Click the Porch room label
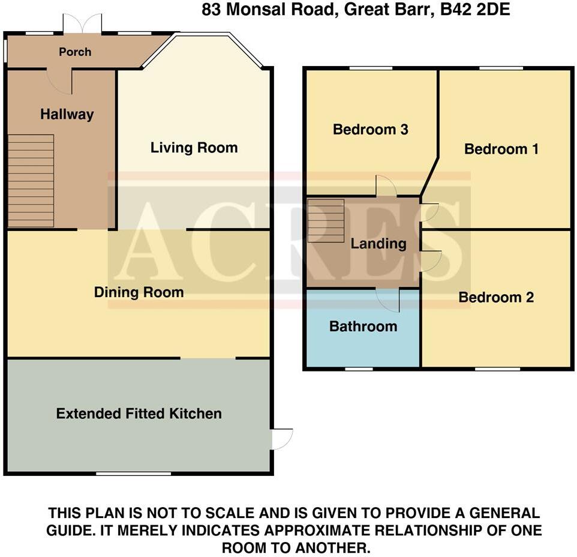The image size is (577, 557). [x=75, y=52]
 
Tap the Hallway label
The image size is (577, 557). [x=67, y=114]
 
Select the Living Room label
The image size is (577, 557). [x=194, y=148]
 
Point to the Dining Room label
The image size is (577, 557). [x=139, y=292]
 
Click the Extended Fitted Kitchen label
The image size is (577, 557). [x=139, y=414]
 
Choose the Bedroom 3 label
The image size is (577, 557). [x=371, y=129]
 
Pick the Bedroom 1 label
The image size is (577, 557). [x=501, y=149]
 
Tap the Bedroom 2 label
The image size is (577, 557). [x=496, y=297]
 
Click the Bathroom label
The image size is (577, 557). [x=363, y=327]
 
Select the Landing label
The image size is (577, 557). [x=378, y=244]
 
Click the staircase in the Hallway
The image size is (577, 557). [x=31, y=181]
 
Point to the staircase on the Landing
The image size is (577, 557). [x=326, y=220]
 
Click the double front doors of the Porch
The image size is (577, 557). [x=82, y=25]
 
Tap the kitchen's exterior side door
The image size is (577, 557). [x=281, y=439]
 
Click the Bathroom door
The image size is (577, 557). [x=388, y=300]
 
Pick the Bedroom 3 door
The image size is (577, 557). [x=386, y=186]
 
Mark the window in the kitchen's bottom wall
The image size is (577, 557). [x=133, y=474]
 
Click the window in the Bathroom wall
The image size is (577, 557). [x=359, y=369]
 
